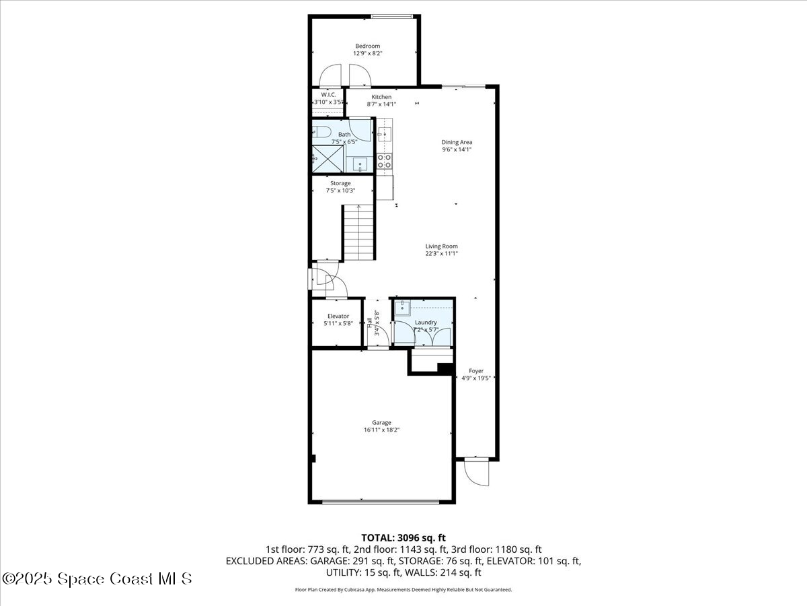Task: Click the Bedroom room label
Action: point(368,46)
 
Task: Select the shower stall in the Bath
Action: point(328,159)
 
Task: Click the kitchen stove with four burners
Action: point(385,161)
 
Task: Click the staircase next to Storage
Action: point(358,232)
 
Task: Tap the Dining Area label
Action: point(457,142)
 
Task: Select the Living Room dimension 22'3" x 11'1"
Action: point(441,255)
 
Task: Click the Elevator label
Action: point(338,316)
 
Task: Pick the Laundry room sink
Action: point(401,308)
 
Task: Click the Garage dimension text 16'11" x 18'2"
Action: point(382,430)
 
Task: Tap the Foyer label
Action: point(476,371)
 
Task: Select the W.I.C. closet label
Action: point(328,95)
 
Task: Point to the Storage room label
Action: point(340,183)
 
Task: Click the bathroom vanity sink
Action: point(360,163)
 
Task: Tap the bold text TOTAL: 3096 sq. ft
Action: point(403,537)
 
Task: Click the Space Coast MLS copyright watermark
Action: point(97,578)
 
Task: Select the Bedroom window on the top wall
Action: point(392,17)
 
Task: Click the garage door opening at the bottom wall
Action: point(381,501)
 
